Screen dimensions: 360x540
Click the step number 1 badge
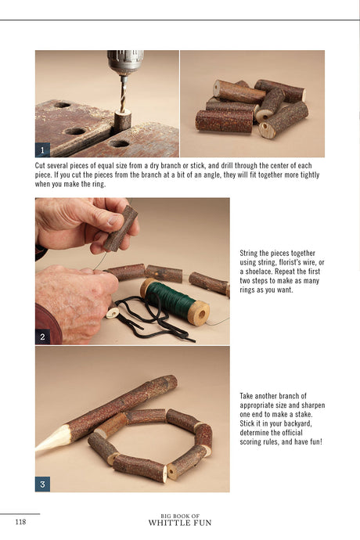[x=43, y=150]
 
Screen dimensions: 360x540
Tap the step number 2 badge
[x=43, y=337]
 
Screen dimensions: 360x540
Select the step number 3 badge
[x=43, y=484]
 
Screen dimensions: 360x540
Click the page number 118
[x=20, y=522]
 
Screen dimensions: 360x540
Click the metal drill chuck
[x=125, y=63]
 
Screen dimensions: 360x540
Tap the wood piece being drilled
[x=122, y=120]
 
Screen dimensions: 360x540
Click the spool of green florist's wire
[x=175, y=301]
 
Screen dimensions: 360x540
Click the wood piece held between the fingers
[x=121, y=229]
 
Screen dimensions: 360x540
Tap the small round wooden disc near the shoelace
[x=113, y=313]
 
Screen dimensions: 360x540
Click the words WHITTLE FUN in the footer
[x=180, y=523]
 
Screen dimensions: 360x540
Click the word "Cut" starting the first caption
[x=40, y=166]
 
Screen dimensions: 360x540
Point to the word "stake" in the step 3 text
[x=303, y=414]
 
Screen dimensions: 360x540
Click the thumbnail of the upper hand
[x=113, y=220]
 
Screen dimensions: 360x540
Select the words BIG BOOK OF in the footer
[x=180, y=516]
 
